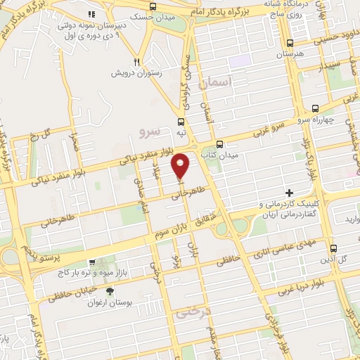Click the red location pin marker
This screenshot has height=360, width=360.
181,165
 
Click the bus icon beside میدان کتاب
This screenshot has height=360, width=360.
220,143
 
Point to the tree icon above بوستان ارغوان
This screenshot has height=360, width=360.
108,291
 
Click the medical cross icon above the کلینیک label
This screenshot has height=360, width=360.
289,193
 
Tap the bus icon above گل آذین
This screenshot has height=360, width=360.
334,249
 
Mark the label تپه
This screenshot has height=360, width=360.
181,132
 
